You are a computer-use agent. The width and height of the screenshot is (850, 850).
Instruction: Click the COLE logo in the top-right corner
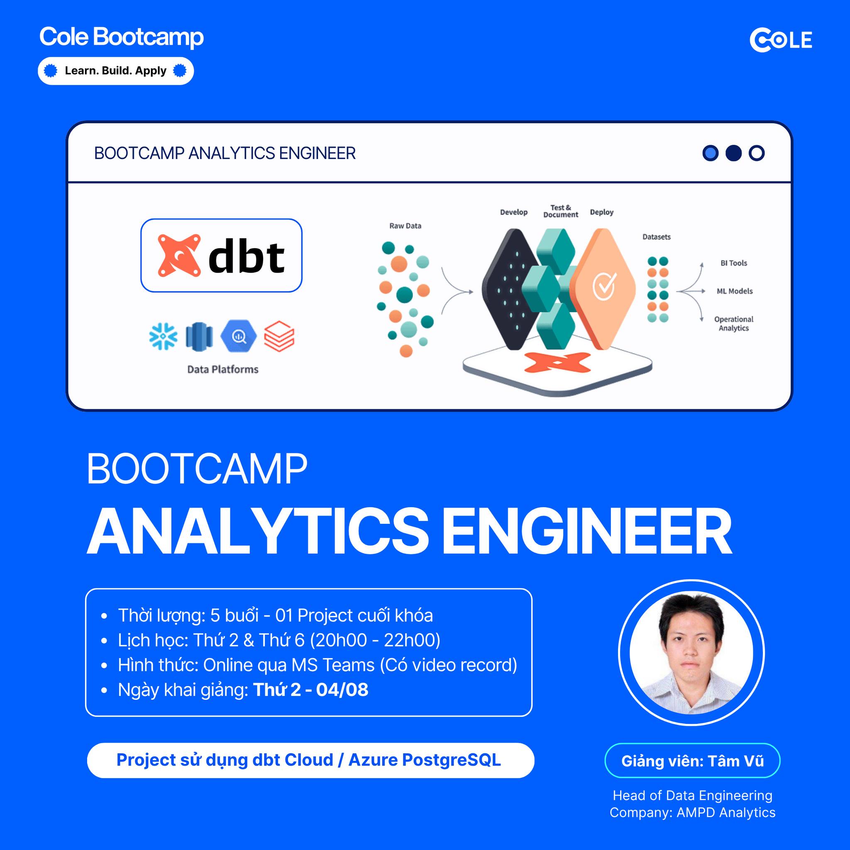(781, 40)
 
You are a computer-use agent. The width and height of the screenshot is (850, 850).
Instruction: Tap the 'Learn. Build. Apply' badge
(116, 71)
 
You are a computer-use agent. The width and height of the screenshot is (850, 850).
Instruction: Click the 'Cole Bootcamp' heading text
(122, 37)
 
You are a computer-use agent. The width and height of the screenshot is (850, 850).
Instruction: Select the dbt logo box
(221, 255)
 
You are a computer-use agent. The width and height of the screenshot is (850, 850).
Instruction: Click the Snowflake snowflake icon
(163, 337)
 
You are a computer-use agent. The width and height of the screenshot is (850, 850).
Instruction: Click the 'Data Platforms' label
(222, 369)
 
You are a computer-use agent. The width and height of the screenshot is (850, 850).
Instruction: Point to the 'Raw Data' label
(405, 226)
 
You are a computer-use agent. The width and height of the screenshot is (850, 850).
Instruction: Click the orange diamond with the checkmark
(603, 288)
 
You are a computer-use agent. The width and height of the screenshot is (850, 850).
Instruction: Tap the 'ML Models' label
(734, 291)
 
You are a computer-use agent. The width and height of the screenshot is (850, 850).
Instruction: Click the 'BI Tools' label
(733, 263)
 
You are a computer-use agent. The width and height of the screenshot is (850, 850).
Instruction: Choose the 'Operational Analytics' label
(733, 323)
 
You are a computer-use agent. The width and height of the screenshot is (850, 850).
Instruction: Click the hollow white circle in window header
(756, 153)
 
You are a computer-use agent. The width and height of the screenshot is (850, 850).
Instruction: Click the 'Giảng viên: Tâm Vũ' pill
(692, 761)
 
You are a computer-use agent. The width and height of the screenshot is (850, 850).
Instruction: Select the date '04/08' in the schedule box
(342, 690)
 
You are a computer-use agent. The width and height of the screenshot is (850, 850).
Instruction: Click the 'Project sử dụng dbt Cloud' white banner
(310, 760)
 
